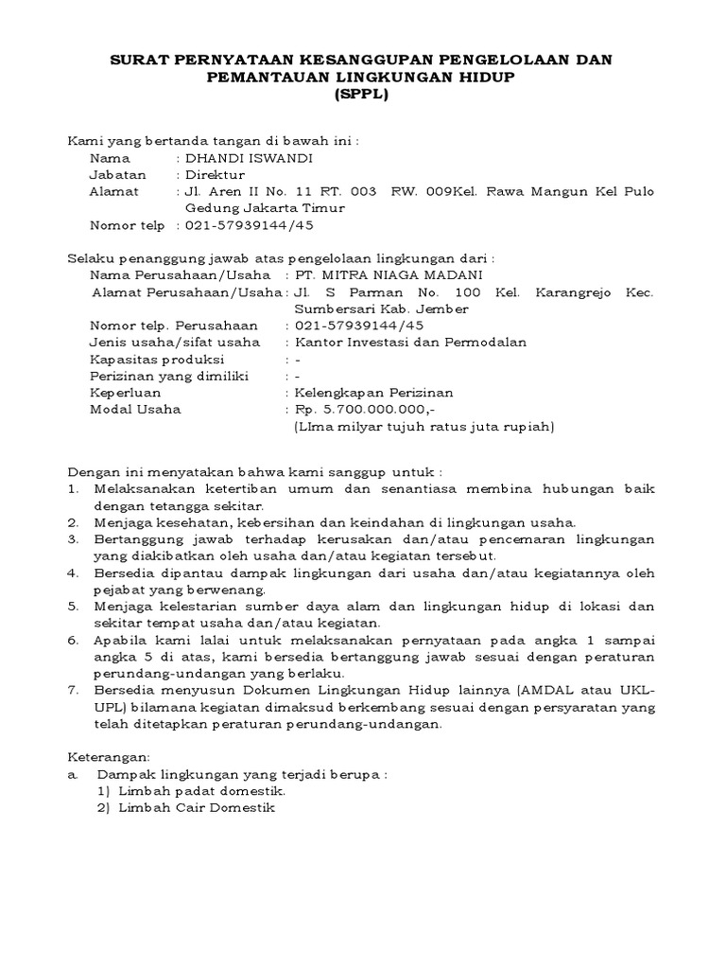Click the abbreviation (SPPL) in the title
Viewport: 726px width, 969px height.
[362, 95]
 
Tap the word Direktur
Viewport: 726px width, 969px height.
[215, 175]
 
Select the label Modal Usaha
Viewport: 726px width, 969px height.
[135, 410]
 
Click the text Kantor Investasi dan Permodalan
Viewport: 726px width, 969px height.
[410, 343]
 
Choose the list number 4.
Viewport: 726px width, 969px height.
[73, 573]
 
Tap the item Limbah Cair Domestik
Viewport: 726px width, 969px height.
[197, 808]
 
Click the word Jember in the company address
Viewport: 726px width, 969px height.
[448, 309]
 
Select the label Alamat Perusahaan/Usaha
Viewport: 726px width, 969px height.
[186, 292]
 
